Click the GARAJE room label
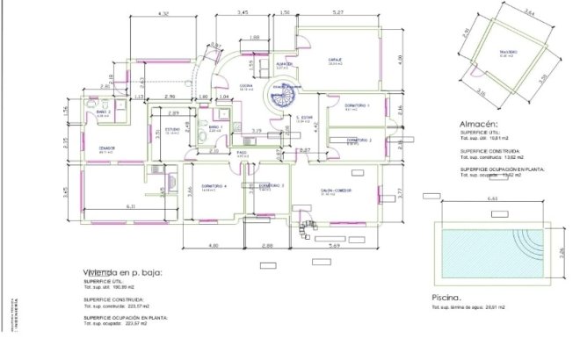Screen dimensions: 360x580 coord(334,61)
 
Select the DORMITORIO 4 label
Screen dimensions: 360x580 coord(214,186)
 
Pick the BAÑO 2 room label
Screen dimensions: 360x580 coord(103,112)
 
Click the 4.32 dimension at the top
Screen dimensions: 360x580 coord(162,15)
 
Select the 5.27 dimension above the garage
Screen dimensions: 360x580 coord(338,13)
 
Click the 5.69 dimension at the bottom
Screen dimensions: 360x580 coord(333,246)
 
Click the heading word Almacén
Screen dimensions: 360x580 coord(480,126)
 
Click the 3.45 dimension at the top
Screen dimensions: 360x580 coord(243,13)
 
